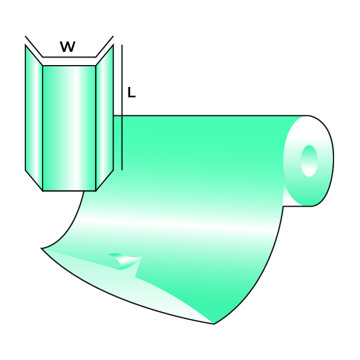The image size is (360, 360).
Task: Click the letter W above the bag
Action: [x=67, y=47]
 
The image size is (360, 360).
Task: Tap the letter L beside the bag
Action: [x=131, y=93]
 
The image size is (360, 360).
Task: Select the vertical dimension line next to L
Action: [x=122, y=115]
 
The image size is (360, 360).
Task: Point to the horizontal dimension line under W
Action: [x=69, y=57]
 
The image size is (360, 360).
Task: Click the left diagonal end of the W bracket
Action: [x=33, y=47]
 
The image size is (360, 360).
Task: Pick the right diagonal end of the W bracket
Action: [x=104, y=47]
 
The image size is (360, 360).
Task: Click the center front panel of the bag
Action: [x=69, y=127]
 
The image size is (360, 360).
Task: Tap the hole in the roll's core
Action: [x=309, y=161]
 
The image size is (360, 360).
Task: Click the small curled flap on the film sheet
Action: [x=124, y=261]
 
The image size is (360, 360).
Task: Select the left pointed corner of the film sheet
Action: [x=42, y=248]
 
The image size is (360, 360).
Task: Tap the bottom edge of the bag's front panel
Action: [x=69, y=191]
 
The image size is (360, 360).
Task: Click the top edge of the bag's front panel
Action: [x=69, y=66]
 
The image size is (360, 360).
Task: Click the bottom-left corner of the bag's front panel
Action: [x=43, y=191]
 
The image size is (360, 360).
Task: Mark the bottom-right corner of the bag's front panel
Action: [x=96, y=191]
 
